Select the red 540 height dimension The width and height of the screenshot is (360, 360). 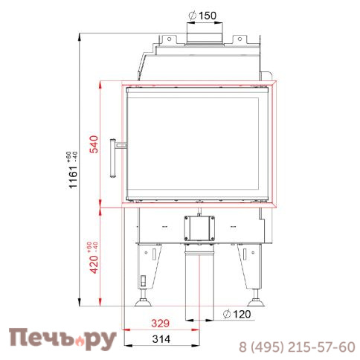coord(94,143)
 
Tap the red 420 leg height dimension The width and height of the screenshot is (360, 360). coord(94,257)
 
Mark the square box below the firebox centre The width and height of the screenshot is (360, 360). coord(199,227)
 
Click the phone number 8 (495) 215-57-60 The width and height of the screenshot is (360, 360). coord(296,347)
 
